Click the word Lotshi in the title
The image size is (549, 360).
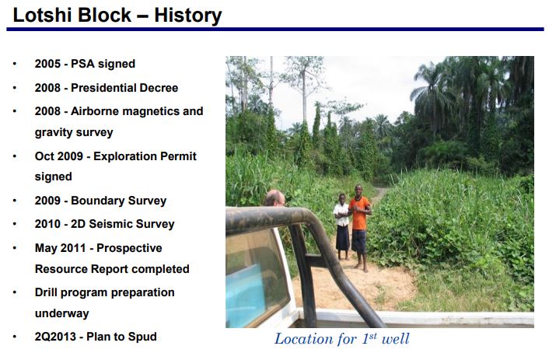point(43,16)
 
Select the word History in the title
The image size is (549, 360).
point(188,16)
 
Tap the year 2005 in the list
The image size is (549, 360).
point(47,64)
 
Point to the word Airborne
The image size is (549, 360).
point(95,111)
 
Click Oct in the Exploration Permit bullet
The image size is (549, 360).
point(44,156)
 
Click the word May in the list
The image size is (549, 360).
point(46,248)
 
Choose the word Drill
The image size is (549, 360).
point(46,292)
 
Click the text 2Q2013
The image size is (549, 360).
point(55,337)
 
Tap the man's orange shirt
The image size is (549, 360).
point(359,213)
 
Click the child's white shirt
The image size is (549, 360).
point(341,215)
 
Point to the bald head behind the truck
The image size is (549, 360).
point(274,198)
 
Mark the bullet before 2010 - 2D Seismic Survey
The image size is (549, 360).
point(15,224)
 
